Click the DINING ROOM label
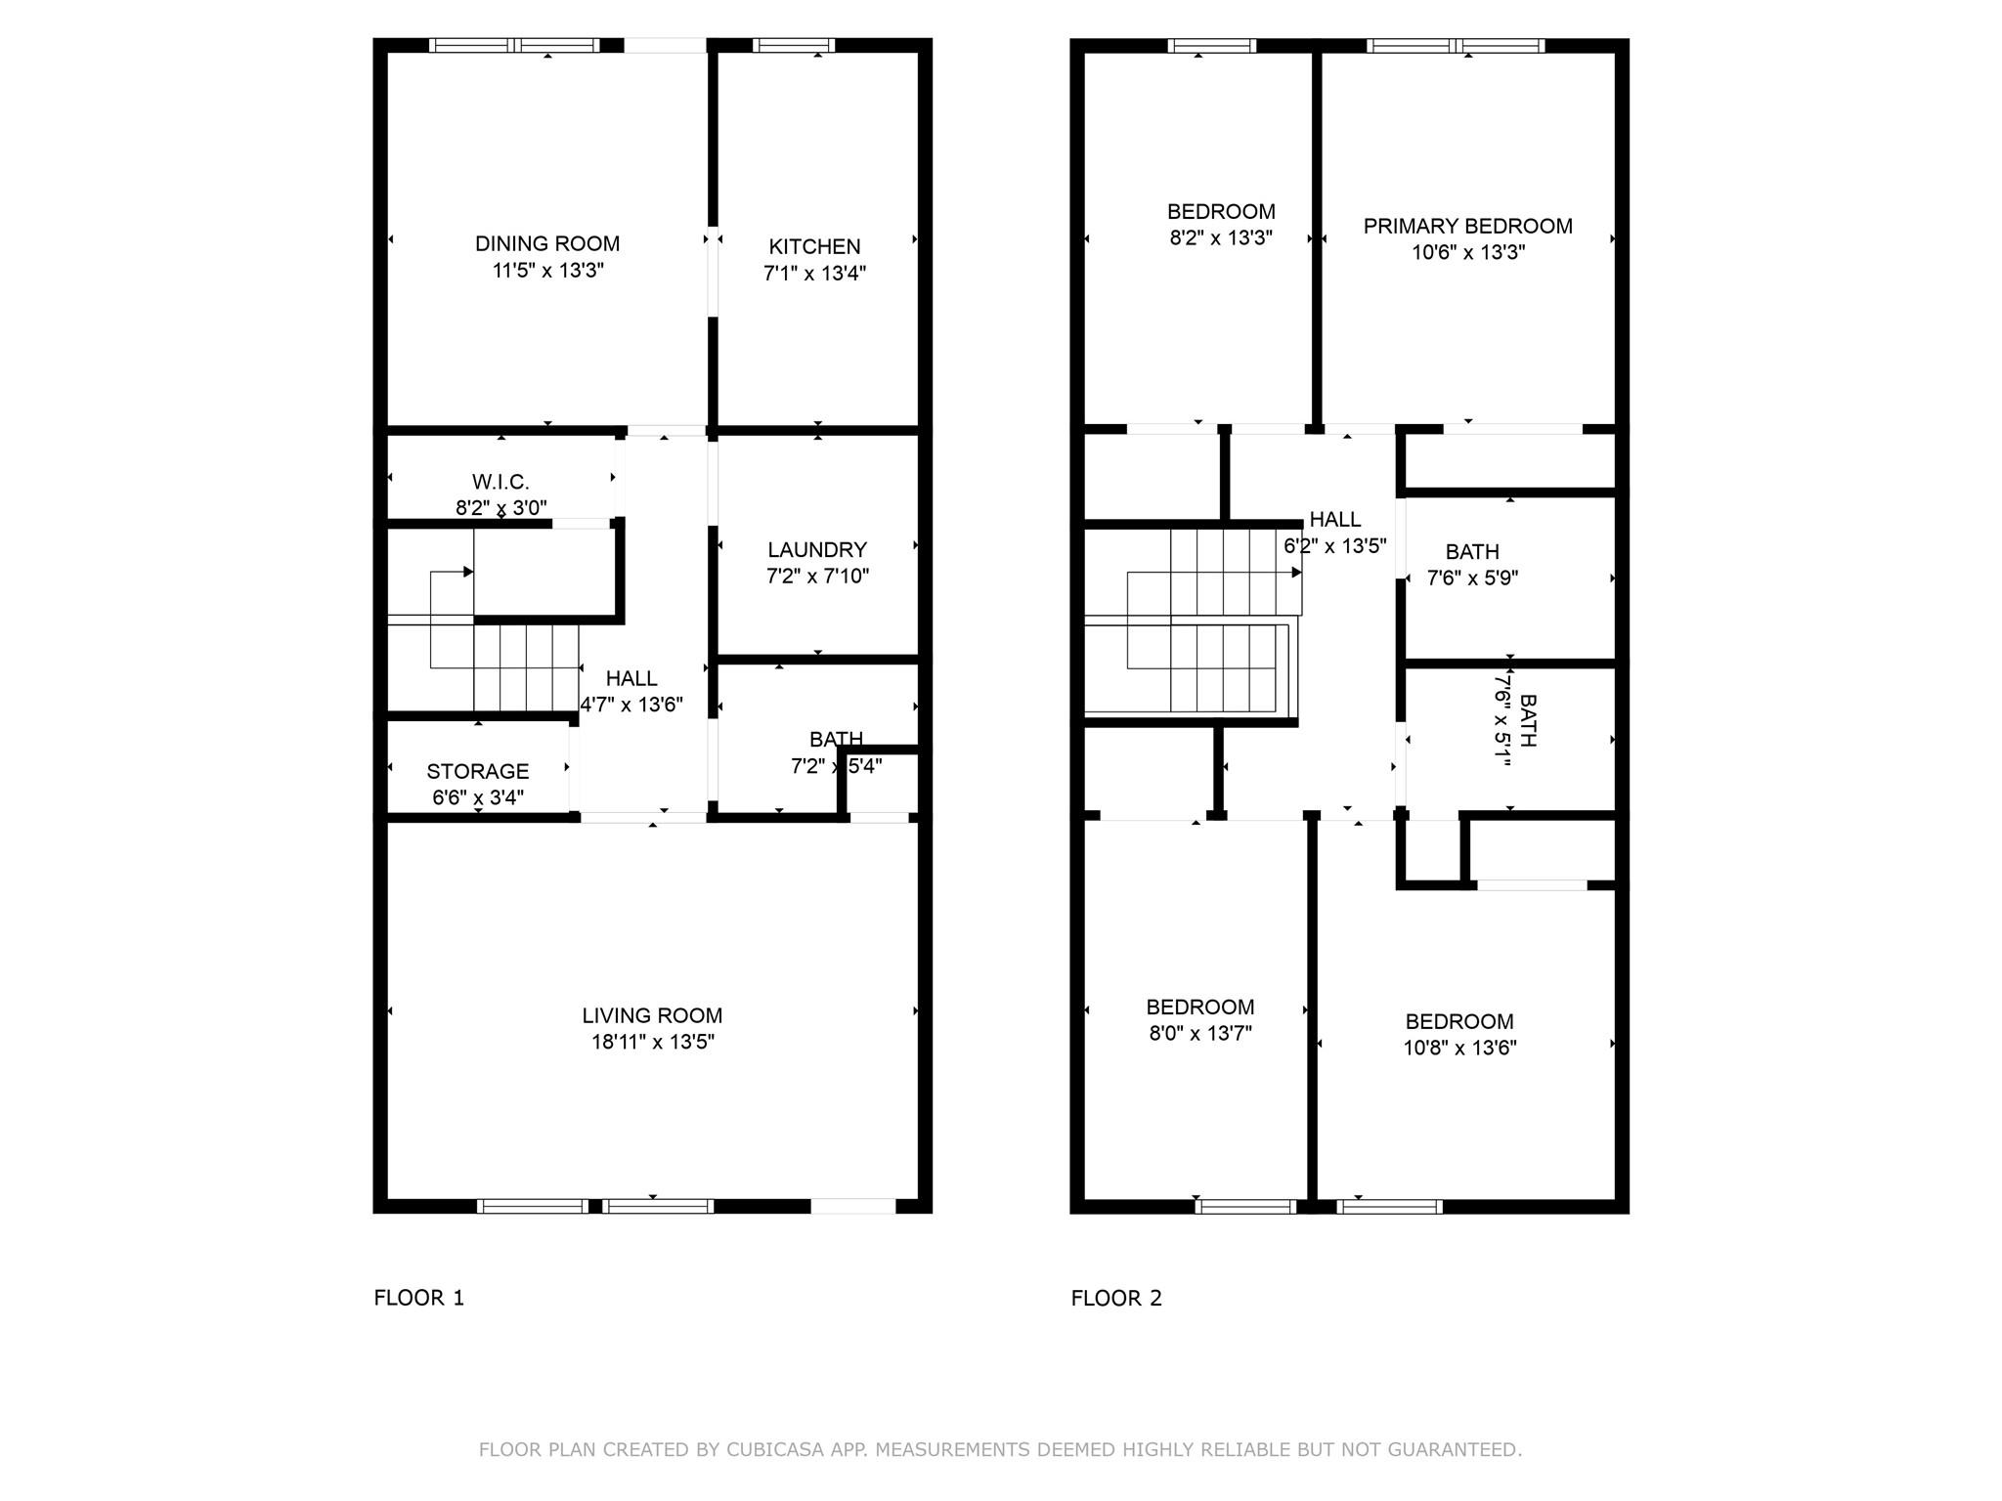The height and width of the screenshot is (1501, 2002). tap(547, 244)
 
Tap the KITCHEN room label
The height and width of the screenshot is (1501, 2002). tap(814, 247)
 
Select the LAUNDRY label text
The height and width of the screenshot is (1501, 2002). tap(817, 550)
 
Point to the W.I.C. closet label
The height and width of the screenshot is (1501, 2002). tap(500, 482)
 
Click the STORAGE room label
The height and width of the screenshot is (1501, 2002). tap(477, 771)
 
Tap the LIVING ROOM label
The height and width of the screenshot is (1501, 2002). tap(652, 1016)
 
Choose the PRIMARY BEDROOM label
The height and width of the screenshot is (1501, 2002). tap(1467, 227)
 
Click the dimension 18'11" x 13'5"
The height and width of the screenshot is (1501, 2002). tap(652, 1043)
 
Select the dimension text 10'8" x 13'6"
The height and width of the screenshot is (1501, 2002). tap(1459, 1049)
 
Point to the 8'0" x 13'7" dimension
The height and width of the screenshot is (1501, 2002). tap(1199, 1034)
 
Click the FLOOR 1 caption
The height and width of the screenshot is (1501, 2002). tap(418, 1298)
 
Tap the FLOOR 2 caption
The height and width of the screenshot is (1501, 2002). tap(1116, 1299)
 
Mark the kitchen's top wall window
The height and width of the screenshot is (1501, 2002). tap(793, 45)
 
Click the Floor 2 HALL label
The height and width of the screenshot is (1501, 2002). tap(1334, 520)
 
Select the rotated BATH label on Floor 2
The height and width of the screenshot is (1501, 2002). tap(1528, 720)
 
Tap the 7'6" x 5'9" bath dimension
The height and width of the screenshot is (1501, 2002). tap(1472, 579)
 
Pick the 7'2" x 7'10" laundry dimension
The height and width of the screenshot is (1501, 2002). tap(817, 577)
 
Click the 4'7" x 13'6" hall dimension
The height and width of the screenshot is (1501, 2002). tap(631, 705)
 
